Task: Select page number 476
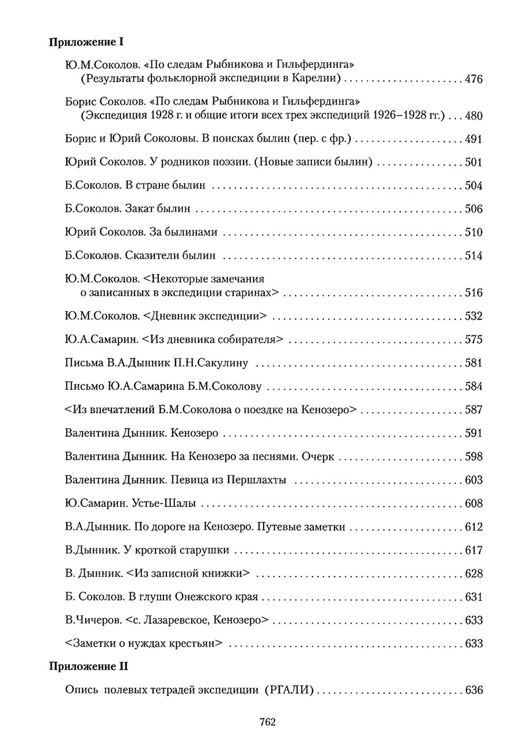[473, 79]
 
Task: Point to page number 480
[473, 116]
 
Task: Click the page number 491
[473, 139]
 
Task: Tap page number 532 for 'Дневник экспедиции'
[473, 316]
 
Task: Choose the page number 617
[473, 551]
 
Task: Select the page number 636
[473, 691]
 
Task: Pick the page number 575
[473, 339]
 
